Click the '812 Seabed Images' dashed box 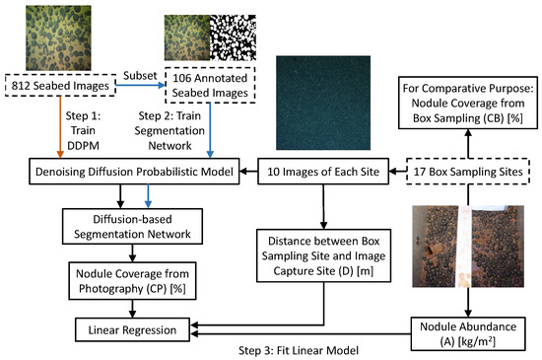[58, 87]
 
